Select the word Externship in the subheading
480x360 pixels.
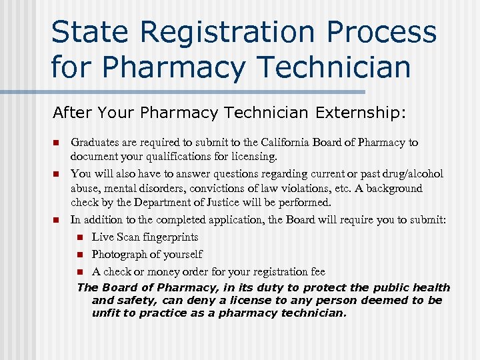(353, 113)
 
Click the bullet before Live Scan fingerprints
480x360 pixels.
(80, 237)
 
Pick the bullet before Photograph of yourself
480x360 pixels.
(80, 255)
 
